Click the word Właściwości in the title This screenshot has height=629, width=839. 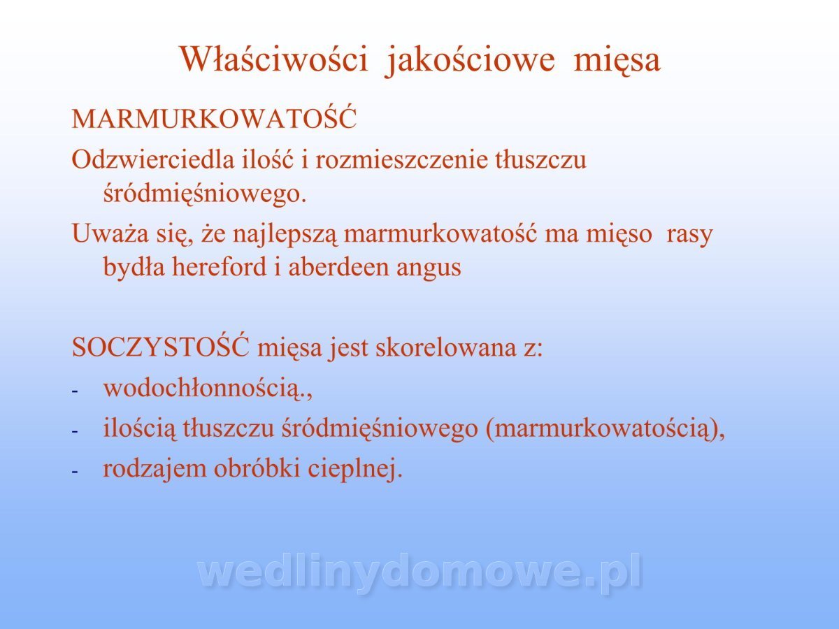coord(274,59)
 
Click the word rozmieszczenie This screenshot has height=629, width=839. coord(401,160)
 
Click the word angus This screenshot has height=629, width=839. coord(429,269)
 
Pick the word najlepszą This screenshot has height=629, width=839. coord(285,235)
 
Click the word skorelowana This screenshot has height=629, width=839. coord(446,347)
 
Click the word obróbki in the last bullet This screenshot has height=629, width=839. coord(257,468)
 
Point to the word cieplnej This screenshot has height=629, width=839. coord(355,470)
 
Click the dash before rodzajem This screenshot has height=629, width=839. coord(75,472)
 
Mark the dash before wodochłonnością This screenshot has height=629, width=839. coord(75,391)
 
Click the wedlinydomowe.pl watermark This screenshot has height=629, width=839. coord(419,573)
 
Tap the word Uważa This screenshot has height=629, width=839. coord(110,233)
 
